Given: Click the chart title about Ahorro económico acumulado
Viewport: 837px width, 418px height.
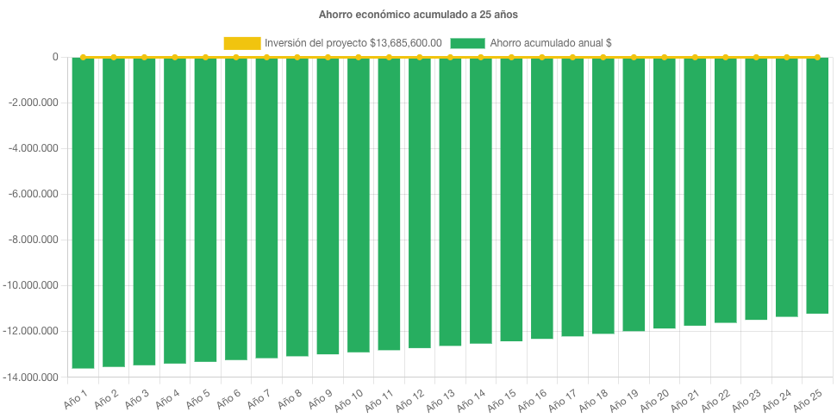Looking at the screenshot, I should click(418, 14).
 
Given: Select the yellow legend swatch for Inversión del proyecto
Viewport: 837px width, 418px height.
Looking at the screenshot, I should click(241, 42).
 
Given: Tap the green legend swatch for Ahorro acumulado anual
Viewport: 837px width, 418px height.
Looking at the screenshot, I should click(467, 42).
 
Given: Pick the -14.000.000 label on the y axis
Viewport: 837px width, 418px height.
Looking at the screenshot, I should click(32, 377).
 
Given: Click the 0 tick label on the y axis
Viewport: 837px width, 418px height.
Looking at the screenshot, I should click(55, 57).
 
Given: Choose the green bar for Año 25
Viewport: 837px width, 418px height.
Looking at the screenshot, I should click(817, 184).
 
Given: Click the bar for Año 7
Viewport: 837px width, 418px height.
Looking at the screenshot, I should click(266, 207).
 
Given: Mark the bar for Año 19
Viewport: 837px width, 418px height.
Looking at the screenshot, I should click(634, 194).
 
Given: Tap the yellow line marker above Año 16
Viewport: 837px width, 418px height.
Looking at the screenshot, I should click(542, 57).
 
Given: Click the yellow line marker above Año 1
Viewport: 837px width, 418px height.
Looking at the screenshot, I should click(83, 57).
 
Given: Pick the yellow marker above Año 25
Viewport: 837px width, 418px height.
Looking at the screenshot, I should click(817, 57).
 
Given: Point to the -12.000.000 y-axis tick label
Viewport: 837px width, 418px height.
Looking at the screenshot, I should click(32, 331).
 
